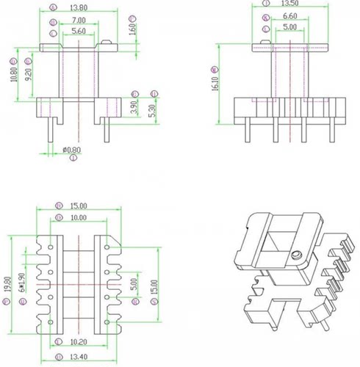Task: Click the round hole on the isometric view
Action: point(296,255)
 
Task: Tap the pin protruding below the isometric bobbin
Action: point(321,327)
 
